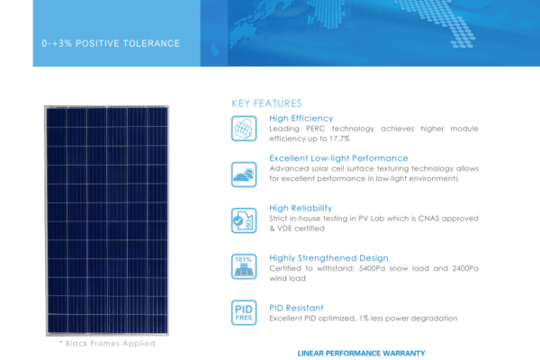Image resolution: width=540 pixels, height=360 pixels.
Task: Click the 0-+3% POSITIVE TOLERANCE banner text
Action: click(x=111, y=43)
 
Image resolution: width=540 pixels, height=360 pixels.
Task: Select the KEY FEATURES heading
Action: click(x=266, y=103)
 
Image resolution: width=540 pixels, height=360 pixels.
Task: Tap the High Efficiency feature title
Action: click(x=301, y=118)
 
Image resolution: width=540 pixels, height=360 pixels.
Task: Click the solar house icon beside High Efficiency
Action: click(x=244, y=129)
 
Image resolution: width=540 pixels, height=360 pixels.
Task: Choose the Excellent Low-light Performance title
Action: click(x=338, y=158)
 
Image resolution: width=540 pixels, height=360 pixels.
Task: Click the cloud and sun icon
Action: click(x=244, y=175)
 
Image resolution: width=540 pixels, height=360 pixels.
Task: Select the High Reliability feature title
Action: click(x=301, y=208)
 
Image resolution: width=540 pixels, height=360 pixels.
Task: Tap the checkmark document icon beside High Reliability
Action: click(x=244, y=220)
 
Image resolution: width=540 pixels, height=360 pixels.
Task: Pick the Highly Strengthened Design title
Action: click(x=328, y=258)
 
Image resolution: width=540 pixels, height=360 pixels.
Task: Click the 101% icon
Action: click(x=244, y=266)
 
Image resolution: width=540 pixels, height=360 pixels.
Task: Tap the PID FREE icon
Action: click(x=244, y=312)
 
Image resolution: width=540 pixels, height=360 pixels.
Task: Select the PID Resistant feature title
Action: click(x=296, y=308)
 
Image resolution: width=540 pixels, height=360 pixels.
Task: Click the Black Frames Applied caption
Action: click(x=107, y=343)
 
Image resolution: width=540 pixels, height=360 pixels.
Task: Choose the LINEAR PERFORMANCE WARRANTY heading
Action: click(x=361, y=354)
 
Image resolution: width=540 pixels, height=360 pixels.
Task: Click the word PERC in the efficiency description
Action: click(x=315, y=129)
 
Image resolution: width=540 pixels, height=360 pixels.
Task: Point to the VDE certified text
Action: click(x=301, y=229)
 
